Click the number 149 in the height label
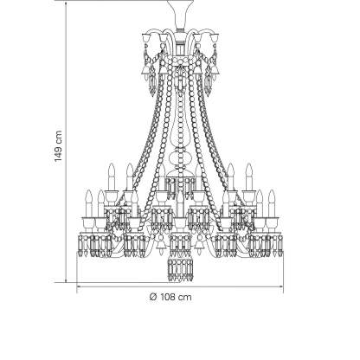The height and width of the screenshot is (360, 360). (58, 152)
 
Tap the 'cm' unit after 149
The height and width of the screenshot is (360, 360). (58, 137)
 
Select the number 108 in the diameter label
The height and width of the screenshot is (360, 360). (169, 297)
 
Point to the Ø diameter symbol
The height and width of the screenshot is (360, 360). (154, 297)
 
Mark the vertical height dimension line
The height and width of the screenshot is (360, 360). (66, 142)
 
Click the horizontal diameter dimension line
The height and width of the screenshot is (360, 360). (180, 286)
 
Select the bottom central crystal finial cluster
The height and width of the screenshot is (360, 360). (180, 267)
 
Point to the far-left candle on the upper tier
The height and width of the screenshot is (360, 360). (112, 177)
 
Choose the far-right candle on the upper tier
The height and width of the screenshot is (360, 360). (249, 177)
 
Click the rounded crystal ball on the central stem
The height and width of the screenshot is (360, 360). (180, 158)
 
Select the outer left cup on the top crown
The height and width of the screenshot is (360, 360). (146, 38)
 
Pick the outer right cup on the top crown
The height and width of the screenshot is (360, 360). (214, 38)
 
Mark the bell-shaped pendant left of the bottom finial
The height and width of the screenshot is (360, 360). (160, 244)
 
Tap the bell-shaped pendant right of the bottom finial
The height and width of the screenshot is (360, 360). (199, 244)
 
